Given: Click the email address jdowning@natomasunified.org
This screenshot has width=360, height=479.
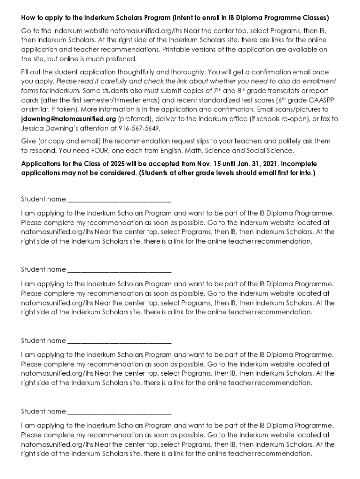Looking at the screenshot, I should click(68, 119).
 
